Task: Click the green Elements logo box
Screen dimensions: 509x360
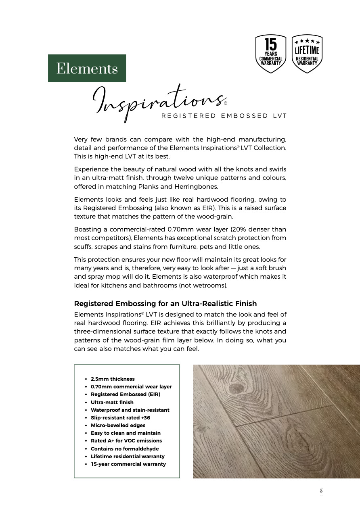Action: [x=87, y=68]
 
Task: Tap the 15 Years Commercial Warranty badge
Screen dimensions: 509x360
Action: [x=270, y=54]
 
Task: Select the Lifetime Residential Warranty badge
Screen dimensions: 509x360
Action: [x=307, y=54]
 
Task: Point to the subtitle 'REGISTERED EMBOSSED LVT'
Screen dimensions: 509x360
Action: [x=224, y=116]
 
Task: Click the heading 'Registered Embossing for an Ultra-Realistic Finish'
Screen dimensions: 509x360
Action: [x=165, y=304]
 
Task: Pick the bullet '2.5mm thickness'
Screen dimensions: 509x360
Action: [x=113, y=379]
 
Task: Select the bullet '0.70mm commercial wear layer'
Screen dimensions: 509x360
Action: [x=131, y=387]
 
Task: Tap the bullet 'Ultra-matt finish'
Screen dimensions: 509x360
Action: [x=112, y=402]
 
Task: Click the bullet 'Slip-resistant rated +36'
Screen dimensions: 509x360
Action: [x=120, y=418]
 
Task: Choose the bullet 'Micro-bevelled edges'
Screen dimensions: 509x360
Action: [x=118, y=426]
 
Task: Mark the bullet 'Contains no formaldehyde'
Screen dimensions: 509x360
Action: [x=125, y=449]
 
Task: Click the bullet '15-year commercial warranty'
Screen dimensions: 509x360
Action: [x=128, y=464]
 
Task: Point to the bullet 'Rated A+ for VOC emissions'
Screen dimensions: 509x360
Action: [x=126, y=441]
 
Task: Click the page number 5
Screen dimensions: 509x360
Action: [x=321, y=491]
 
